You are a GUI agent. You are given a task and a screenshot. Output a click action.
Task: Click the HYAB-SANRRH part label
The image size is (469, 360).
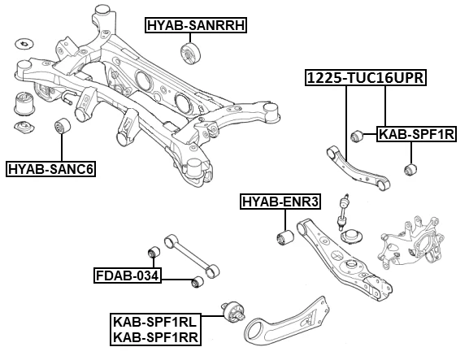coord(195,25)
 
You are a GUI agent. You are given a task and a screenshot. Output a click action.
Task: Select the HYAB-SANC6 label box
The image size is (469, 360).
coord(50,169)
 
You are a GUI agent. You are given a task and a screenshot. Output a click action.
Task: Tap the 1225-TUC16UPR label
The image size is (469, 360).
coord(365,79)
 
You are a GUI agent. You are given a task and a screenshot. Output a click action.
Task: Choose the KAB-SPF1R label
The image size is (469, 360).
coord(415,133)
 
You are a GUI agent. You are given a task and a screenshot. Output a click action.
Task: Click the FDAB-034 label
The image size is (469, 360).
coord(126,275)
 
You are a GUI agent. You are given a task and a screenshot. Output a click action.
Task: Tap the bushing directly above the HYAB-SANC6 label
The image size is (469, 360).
coord(62,128)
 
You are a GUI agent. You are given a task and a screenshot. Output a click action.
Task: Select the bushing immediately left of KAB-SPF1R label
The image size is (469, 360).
coord(356,135)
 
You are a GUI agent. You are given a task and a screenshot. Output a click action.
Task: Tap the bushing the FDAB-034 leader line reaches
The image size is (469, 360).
coord(196,282)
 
